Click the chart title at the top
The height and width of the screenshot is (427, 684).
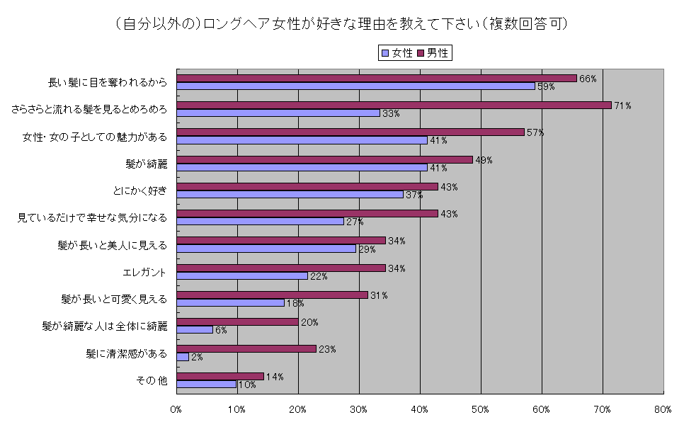click(341, 24)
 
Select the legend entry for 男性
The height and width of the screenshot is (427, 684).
click(433, 52)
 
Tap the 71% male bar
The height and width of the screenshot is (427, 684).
click(394, 105)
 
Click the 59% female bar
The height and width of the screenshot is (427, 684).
click(355, 86)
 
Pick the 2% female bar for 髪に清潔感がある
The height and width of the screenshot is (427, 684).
click(183, 357)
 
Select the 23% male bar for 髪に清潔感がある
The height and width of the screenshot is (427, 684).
click(246, 348)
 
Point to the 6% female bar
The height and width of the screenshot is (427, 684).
click(195, 329)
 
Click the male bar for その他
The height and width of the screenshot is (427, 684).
click(220, 376)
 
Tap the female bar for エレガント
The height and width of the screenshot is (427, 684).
click(242, 275)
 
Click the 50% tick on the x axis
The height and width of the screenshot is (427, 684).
click(481, 409)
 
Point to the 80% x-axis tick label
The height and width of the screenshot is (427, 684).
click(663, 409)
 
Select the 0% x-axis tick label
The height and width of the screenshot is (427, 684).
click(176, 409)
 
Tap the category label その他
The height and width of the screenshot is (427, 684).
click(152, 380)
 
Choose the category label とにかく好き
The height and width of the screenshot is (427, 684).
click(140, 190)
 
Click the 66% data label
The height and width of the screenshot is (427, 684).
click(588, 79)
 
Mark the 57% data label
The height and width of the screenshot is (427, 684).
click(535, 132)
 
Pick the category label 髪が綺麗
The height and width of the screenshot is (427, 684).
click(146, 164)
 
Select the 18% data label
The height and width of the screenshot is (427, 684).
click(295, 303)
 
